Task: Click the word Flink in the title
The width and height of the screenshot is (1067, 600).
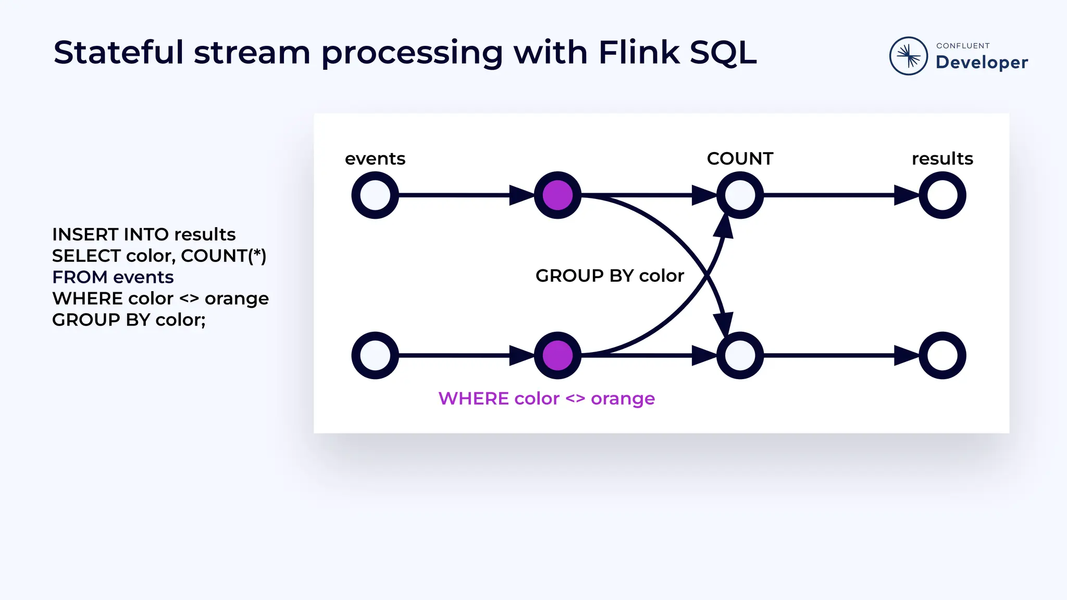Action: click(639, 53)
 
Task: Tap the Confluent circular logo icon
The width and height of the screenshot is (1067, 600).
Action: click(908, 56)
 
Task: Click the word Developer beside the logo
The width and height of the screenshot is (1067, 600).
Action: click(982, 63)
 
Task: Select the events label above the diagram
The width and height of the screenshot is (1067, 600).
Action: click(375, 158)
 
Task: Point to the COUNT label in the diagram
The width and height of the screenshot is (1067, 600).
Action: click(740, 158)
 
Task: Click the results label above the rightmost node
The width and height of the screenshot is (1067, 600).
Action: click(942, 158)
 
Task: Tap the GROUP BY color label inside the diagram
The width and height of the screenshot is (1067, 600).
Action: click(610, 276)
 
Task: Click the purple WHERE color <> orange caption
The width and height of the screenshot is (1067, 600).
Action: click(547, 398)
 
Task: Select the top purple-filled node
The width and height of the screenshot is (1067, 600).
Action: click(557, 195)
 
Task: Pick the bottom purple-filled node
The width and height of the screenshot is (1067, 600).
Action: click(557, 355)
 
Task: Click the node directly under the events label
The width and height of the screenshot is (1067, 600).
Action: click(375, 195)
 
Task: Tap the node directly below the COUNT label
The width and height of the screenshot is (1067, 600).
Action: click(740, 195)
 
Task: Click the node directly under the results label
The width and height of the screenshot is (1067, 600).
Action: click(942, 195)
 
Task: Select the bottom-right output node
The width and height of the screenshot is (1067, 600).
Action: click(942, 355)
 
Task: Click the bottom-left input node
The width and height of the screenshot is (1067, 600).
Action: click(375, 355)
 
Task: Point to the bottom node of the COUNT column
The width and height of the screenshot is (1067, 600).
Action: click(740, 355)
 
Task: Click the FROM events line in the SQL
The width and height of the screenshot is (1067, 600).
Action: click(113, 277)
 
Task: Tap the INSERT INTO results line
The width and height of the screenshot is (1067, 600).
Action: click(144, 234)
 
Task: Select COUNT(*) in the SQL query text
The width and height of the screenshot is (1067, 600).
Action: click(224, 256)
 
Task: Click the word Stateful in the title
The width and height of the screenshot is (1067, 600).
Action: click(119, 53)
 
